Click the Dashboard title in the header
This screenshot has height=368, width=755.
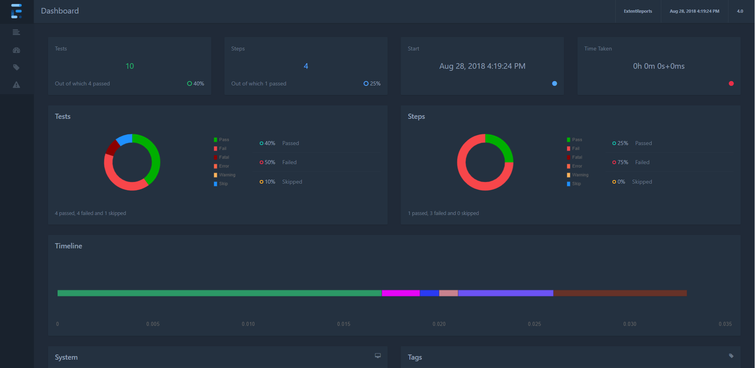(x=60, y=11)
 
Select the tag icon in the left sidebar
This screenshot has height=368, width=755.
(x=16, y=67)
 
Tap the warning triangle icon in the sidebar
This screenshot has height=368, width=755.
(x=16, y=85)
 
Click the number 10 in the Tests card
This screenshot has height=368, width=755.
(x=129, y=66)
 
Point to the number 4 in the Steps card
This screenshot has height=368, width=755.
(x=306, y=66)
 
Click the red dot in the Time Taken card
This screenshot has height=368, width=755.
(x=731, y=83)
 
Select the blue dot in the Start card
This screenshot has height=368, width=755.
(x=554, y=83)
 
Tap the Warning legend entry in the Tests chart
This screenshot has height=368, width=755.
(x=226, y=175)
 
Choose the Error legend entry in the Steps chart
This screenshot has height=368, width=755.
(x=577, y=166)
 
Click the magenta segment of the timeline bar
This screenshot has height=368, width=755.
(x=400, y=293)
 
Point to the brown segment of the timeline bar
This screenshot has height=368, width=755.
(x=620, y=293)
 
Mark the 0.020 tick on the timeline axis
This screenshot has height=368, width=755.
(x=439, y=324)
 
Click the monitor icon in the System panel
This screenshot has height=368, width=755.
(x=378, y=356)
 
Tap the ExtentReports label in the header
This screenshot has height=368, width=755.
(x=637, y=11)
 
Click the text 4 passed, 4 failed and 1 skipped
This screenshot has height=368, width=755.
(x=91, y=213)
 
